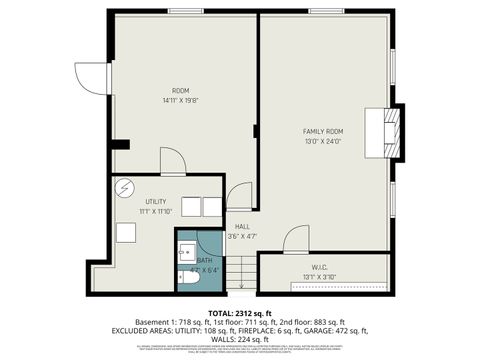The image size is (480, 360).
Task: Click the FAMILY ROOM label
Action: (323, 132)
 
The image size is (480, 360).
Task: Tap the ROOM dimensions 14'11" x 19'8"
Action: (181, 100)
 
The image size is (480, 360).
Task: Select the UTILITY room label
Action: (155, 201)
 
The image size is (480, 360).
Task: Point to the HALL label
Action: (242, 227)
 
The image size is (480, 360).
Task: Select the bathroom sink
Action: (187, 251)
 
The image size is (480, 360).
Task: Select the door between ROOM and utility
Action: (172, 161)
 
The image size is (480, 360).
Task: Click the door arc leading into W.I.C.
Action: (296, 239)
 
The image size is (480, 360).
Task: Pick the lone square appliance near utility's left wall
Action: (125, 232)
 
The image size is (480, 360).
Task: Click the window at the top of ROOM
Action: (185, 12)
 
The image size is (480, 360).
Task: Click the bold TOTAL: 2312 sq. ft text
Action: (240, 313)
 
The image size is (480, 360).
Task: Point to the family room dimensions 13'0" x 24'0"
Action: (323, 142)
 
